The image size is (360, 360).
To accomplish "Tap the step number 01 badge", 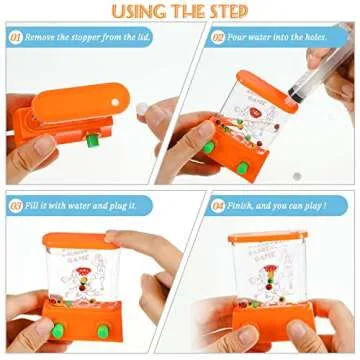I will (16, 37).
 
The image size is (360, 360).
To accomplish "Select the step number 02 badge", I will (217, 37).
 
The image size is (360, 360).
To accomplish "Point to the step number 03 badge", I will (16, 205).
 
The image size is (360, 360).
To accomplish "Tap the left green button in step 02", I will (208, 148).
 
